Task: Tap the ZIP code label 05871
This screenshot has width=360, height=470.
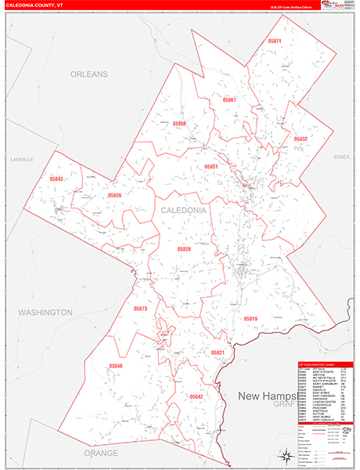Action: click(275, 41)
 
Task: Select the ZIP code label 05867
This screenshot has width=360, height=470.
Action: click(229, 100)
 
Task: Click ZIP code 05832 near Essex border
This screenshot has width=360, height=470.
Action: click(301, 139)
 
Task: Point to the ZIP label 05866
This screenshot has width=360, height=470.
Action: click(180, 124)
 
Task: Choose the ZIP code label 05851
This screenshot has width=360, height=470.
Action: click(211, 167)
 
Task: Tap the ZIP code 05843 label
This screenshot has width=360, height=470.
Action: click(56, 180)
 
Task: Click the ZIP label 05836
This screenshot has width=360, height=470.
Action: click(115, 195)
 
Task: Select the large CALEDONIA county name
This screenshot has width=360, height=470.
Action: click(184, 211)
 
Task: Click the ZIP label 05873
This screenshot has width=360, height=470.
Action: click(140, 309)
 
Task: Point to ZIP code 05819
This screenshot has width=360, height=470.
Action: click(250, 318)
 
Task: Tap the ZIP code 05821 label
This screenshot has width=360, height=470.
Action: click(218, 353)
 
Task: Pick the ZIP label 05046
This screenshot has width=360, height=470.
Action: click(116, 366)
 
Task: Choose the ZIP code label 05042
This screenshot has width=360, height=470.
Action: click(196, 396)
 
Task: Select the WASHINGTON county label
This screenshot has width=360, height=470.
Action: click(45, 312)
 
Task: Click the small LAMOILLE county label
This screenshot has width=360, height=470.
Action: click(22, 159)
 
